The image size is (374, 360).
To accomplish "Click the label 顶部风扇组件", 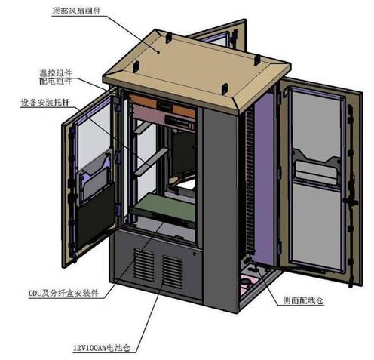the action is pos(76,11).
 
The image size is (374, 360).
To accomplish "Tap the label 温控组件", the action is pos(56,73).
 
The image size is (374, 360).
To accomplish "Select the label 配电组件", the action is pos(56,81).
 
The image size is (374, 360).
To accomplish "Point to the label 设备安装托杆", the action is pos(45,103).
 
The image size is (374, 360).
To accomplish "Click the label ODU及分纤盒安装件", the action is pos(63,293).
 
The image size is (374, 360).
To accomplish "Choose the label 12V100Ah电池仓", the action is pos(102,348).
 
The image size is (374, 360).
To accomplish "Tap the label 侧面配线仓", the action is pos(303,300).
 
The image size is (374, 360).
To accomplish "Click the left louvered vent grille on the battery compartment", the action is pos(144,264).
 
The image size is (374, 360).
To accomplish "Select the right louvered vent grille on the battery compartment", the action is pos(172,272).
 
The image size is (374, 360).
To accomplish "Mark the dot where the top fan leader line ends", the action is pos(158,52).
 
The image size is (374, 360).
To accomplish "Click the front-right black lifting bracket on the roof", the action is pos(224,88).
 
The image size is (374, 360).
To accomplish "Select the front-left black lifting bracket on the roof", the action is pos(136,67).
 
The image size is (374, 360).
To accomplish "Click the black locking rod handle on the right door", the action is pos(351,202).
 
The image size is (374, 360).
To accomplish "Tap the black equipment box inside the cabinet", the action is pos(182,154).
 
